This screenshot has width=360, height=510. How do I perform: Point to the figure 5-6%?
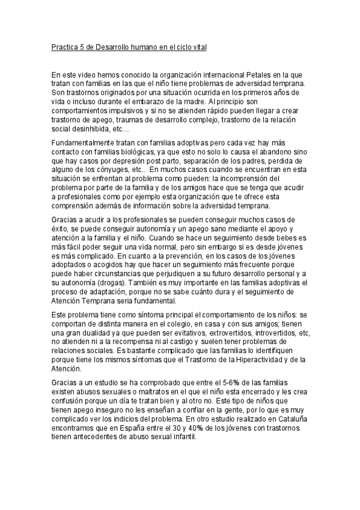(x=217, y=383)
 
